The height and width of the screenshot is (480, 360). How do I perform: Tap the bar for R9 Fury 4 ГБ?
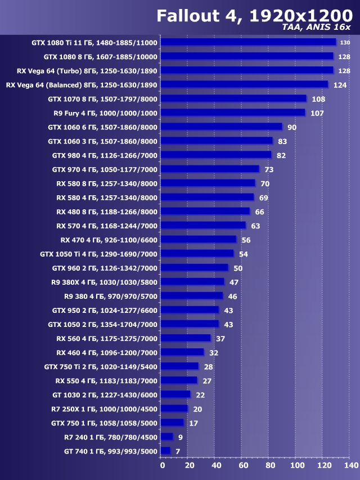(233, 113)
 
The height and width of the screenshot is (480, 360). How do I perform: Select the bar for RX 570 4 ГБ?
(203, 226)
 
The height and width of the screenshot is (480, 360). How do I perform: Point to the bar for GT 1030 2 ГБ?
(175, 394)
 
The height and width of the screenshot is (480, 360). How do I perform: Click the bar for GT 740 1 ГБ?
(165, 451)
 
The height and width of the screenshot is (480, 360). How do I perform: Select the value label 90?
(291, 127)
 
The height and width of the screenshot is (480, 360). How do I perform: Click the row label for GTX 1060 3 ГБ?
(102, 141)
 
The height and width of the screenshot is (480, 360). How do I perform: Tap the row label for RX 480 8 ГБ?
(107, 212)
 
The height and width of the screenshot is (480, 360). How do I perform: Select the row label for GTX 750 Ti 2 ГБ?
(101, 366)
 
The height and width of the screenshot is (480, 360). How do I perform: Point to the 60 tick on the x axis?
(243, 465)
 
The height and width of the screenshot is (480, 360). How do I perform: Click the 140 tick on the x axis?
(350, 465)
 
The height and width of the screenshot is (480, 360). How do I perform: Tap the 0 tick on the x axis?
(163, 465)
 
